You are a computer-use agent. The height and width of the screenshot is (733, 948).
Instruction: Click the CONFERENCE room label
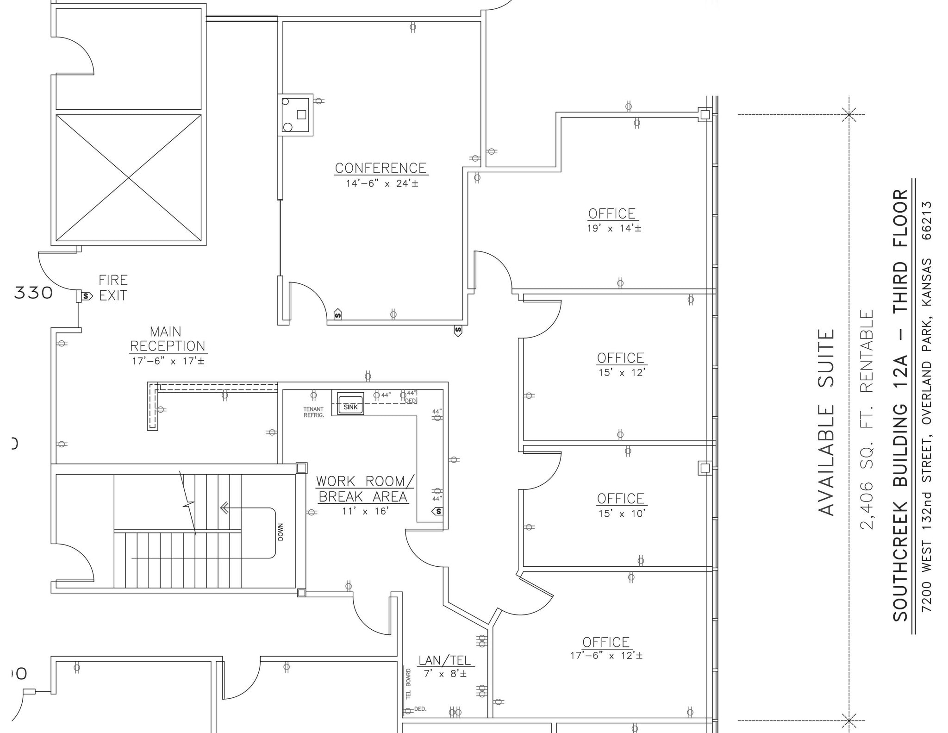[x=381, y=168]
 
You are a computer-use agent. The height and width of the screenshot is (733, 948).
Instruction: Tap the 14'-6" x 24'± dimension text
[x=382, y=183]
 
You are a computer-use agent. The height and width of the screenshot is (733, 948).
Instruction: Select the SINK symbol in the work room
[x=350, y=407]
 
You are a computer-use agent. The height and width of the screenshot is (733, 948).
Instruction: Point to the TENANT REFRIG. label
[x=313, y=412]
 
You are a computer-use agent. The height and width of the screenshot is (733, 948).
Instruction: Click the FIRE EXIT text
[x=113, y=288]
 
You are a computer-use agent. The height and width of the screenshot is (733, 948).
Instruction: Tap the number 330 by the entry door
[x=33, y=293]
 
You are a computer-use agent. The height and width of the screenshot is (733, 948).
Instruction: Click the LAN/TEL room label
[x=444, y=660]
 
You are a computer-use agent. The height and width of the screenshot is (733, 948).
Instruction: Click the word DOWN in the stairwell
[x=281, y=532]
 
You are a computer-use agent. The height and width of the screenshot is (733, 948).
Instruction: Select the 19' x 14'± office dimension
[x=614, y=228]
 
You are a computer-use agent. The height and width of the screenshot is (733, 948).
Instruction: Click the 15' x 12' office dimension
[x=621, y=373]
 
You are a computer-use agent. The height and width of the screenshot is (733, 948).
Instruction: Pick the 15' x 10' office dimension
[x=621, y=514]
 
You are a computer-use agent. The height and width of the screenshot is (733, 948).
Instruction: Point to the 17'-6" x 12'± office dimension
[x=606, y=656]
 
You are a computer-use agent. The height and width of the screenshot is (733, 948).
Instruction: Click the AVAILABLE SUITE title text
[x=826, y=422]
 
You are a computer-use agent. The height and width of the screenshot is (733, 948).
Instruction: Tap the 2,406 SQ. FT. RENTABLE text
[x=867, y=419]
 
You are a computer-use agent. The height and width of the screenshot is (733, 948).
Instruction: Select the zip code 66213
[x=927, y=220]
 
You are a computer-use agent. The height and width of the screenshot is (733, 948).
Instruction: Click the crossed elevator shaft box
[x=129, y=178]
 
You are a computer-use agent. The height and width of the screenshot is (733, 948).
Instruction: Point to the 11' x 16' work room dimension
[x=365, y=511]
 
